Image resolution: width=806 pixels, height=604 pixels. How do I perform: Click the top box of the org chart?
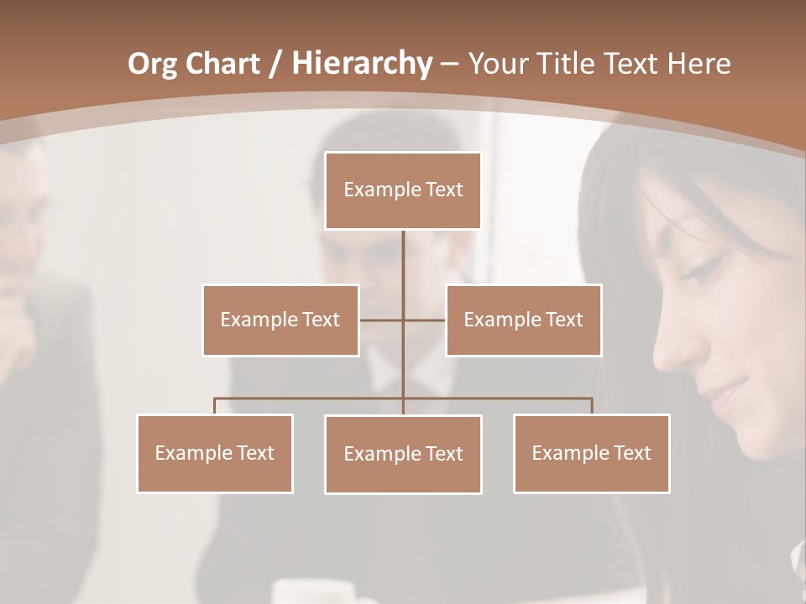[403, 190]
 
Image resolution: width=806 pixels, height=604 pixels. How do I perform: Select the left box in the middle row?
[280, 320]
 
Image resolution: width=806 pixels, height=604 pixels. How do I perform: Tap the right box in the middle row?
[523, 320]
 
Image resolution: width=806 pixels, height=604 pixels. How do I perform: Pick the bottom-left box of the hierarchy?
[215, 453]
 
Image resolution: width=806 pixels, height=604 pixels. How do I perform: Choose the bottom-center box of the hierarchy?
[403, 454]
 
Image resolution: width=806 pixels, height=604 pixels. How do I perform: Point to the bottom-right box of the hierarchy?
[591, 453]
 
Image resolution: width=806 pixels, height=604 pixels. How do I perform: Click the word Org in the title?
[153, 64]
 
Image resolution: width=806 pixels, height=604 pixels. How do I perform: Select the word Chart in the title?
[222, 64]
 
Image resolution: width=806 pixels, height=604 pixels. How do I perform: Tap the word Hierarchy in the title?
[361, 64]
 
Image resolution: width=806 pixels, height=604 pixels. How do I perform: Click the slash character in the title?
[275, 64]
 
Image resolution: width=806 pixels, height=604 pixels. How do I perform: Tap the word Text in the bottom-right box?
[631, 453]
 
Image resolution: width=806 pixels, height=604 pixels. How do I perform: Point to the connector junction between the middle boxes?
[403, 320]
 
